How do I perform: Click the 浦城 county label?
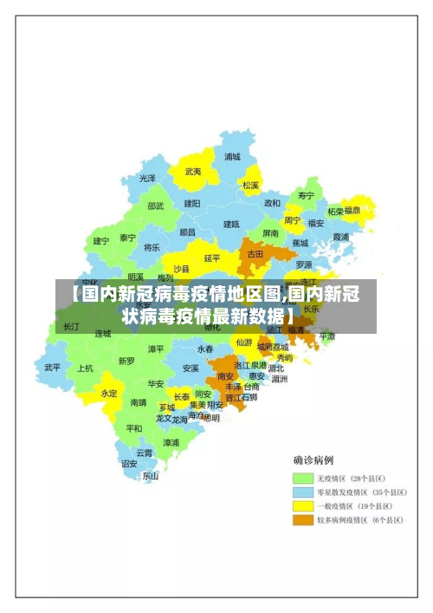pyautogui.click(x=232, y=157)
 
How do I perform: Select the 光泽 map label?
pyautogui.click(x=148, y=178)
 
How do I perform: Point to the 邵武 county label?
pyautogui.click(x=155, y=206)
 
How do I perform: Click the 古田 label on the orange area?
pyautogui.click(x=255, y=255)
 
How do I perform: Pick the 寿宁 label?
pyautogui.click(x=306, y=196)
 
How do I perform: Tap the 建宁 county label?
pyautogui.click(x=101, y=241)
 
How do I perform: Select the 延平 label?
pyautogui.click(x=211, y=258)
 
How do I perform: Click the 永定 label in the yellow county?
pyautogui.click(x=109, y=392)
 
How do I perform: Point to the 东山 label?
pyautogui.click(x=151, y=475)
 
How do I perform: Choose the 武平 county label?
pyautogui.click(x=53, y=367)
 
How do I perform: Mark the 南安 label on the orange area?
pyautogui.click(x=225, y=376)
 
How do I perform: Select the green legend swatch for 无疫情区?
pyautogui.click(x=302, y=478)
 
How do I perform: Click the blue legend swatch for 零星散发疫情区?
pyautogui.click(x=302, y=492)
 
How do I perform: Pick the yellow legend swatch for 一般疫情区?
pyautogui.click(x=302, y=505)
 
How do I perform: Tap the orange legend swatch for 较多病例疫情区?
pyautogui.click(x=302, y=520)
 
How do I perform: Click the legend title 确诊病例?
pyautogui.click(x=313, y=460)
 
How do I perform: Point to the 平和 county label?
pyautogui.click(x=133, y=428)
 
